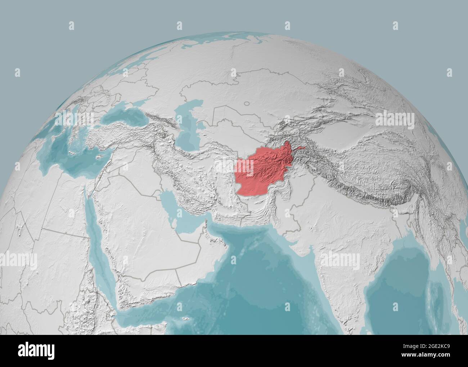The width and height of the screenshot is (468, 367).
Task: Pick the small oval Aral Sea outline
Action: (x=247, y=103)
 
